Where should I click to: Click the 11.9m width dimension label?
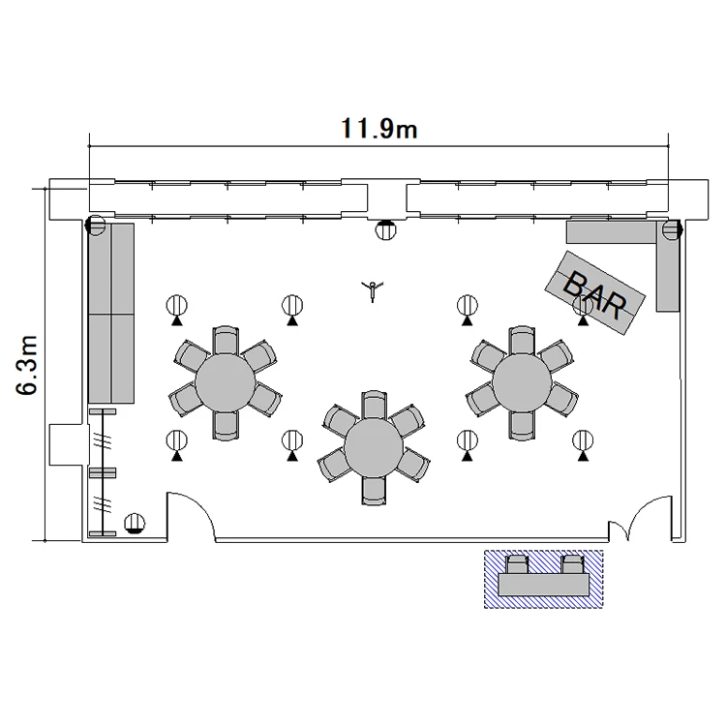[x=378, y=129]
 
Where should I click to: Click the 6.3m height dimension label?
[x=26, y=365]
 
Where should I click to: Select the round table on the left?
[x=225, y=383]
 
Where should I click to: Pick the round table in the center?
[x=374, y=448]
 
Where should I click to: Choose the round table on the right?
[x=523, y=382]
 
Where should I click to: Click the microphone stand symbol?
[x=373, y=289]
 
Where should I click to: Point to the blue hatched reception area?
[x=544, y=579]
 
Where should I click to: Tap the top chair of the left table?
[x=226, y=341]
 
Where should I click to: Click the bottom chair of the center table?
[x=374, y=491]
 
